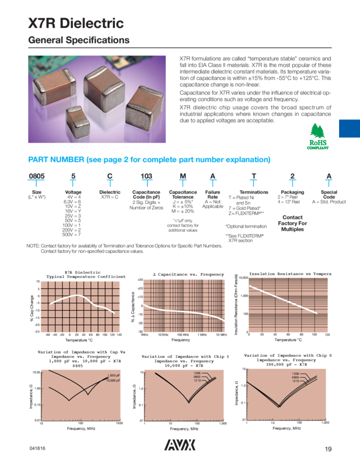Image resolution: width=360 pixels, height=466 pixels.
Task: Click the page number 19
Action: pyautogui.click(x=328, y=449)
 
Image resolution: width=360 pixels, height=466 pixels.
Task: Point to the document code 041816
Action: pyautogui.click(x=37, y=449)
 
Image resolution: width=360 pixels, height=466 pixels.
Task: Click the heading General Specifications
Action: pyautogui.click(x=79, y=41)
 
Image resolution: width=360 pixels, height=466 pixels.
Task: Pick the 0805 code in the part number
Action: pyautogui.click(x=36, y=176)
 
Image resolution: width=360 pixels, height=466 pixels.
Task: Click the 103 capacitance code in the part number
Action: pyautogui.click(x=146, y=176)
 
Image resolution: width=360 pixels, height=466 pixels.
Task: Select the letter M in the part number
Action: pyautogui.click(x=182, y=176)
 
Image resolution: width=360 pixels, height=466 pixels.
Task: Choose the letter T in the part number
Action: pyautogui.click(x=254, y=176)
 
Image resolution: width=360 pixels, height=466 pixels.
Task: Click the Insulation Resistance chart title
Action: pyautogui.click(x=290, y=273)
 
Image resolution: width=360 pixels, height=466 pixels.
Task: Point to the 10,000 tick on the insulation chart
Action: pyautogui.click(x=242, y=279)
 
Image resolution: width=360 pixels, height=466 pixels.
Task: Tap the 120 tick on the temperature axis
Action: pyautogui.click(x=327, y=334)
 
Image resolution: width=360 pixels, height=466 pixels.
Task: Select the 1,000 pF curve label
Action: pyautogui.click(x=113, y=376)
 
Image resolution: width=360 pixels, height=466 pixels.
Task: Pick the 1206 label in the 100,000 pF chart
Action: pyautogui.click(x=296, y=373)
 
